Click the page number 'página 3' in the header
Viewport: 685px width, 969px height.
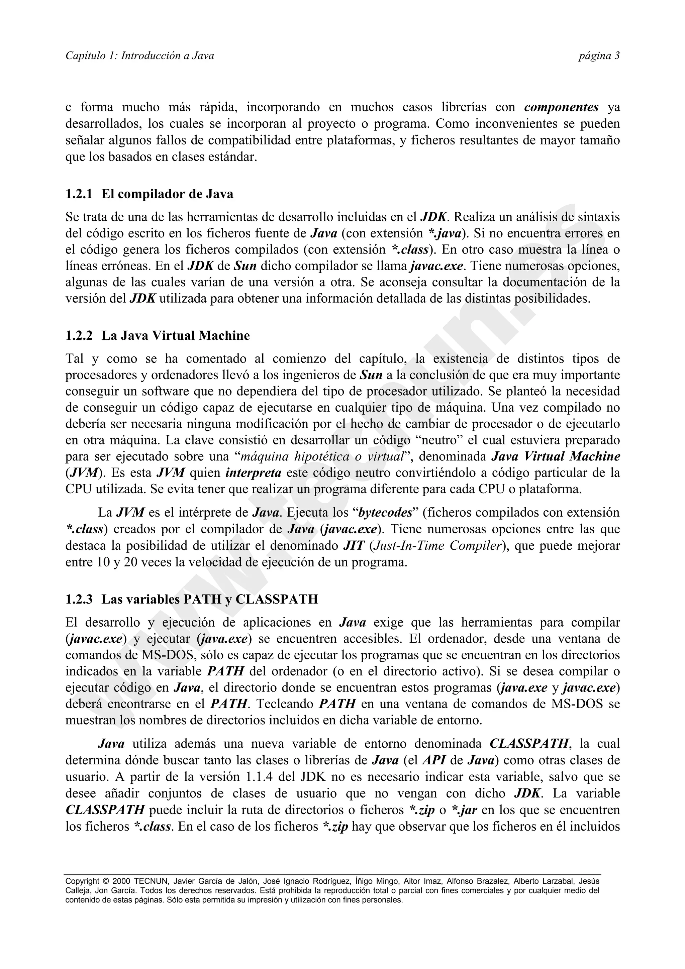[x=598, y=56]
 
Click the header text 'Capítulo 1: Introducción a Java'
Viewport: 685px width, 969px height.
[x=140, y=56]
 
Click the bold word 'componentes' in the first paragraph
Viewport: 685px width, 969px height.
[x=561, y=107]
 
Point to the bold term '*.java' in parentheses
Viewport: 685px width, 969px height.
[x=444, y=233]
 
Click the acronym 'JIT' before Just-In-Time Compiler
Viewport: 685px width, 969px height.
[x=354, y=546]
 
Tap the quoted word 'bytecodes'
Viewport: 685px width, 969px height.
[x=385, y=513]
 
